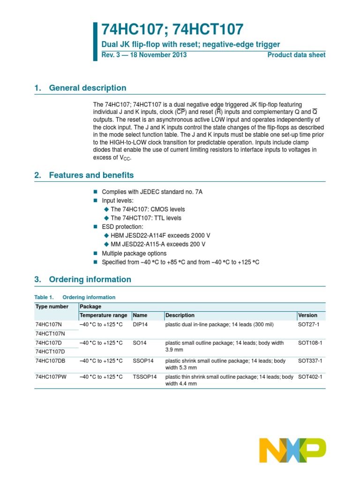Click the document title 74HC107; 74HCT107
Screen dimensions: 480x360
tap(172, 30)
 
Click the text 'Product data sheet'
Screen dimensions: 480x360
tap(296, 55)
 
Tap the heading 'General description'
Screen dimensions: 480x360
tap(87, 88)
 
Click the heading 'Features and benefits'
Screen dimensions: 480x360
tap(91, 175)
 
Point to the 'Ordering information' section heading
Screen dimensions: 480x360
tap(90, 279)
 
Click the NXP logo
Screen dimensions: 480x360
tap(292, 450)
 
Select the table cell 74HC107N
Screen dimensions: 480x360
tap(49, 324)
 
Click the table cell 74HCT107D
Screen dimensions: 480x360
tap(50, 352)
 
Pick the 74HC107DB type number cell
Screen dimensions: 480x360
tap(50, 360)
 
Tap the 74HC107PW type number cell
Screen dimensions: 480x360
tap(50, 376)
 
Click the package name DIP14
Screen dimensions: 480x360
tap(141, 324)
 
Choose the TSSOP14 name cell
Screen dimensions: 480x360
tap(144, 376)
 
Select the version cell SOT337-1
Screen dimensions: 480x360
tap(310, 360)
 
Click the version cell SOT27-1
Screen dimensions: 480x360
tap(308, 324)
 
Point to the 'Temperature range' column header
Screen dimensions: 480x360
tap(104, 315)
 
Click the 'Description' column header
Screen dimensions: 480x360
tap(180, 315)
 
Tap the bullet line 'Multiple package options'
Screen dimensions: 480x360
tap(134, 254)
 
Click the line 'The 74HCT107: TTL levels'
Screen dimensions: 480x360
tap(146, 218)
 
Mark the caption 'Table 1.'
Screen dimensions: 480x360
tap(45, 297)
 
